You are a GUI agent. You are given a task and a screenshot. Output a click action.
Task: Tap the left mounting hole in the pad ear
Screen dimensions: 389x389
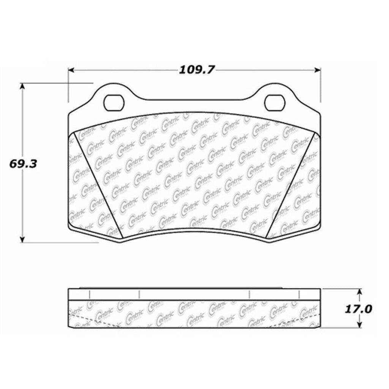[x=114, y=102]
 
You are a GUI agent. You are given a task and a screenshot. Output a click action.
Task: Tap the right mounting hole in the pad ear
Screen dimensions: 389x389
[x=275, y=102]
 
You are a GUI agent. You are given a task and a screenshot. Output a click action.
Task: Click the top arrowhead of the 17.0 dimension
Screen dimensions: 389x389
[x=359, y=291]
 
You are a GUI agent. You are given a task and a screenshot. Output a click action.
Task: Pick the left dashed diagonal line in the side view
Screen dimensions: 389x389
[x=95, y=320]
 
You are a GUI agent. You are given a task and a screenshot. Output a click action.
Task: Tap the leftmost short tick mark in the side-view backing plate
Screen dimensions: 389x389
[x=88, y=294]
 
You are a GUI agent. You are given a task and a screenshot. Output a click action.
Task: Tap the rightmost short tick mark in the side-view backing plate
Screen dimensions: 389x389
[x=300, y=294]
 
